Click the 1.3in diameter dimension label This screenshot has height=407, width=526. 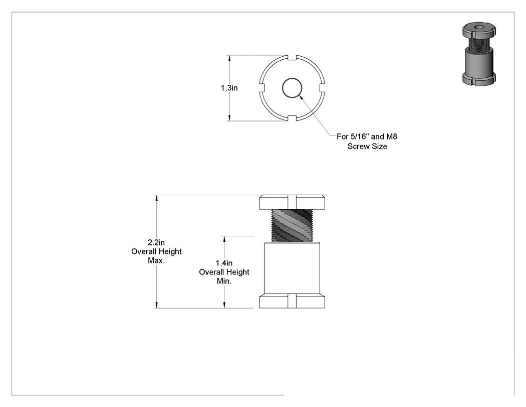click(229, 88)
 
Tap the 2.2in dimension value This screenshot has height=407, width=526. click(156, 242)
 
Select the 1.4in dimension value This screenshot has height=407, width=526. click(224, 263)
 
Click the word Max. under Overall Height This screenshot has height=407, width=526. click(156, 260)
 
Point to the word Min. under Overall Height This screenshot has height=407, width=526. click(224, 281)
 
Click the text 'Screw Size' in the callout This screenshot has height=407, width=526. click(367, 146)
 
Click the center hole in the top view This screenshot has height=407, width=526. click(292, 88)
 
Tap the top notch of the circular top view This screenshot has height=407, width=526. click(292, 58)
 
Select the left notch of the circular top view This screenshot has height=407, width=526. click(262, 88)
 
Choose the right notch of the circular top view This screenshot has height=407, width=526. click(323, 88)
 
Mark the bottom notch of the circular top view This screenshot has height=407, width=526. click(292, 118)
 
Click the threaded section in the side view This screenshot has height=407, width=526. click(292, 225)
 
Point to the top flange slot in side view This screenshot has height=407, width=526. click(292, 202)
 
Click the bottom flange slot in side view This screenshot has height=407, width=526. click(292, 301)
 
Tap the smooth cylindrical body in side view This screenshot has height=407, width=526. click(292, 268)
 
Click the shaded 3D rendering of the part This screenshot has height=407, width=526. click(479, 54)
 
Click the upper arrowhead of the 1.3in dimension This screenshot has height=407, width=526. click(229, 58)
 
